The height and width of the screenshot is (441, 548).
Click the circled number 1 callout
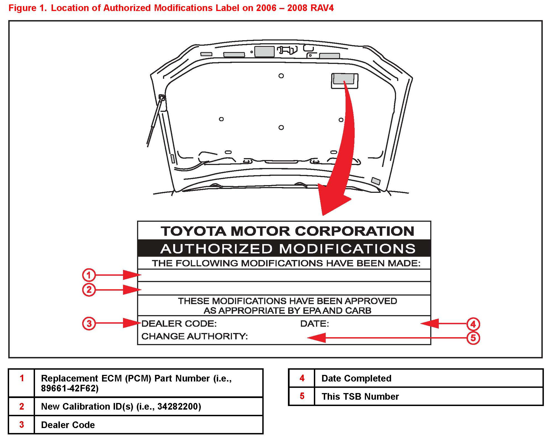[x=89, y=275]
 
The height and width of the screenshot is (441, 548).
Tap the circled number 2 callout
[x=89, y=290]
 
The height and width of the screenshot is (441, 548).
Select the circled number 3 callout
[x=89, y=323]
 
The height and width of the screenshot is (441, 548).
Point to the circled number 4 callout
[x=473, y=324]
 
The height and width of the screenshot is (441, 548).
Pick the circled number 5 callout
[x=473, y=338]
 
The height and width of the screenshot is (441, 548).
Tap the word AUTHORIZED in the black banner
[x=216, y=249]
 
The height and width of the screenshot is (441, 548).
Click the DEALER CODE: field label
[x=179, y=324]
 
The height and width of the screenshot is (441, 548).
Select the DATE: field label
[x=314, y=324]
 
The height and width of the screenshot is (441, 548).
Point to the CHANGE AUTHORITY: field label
[x=194, y=336]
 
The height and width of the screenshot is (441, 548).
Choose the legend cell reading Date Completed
[x=356, y=378]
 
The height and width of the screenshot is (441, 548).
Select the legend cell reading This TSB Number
[x=360, y=397]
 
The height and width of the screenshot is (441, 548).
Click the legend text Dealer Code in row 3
[x=68, y=425]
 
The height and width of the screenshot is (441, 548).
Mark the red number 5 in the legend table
[x=302, y=396]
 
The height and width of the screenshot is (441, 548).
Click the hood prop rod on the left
[x=155, y=121]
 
